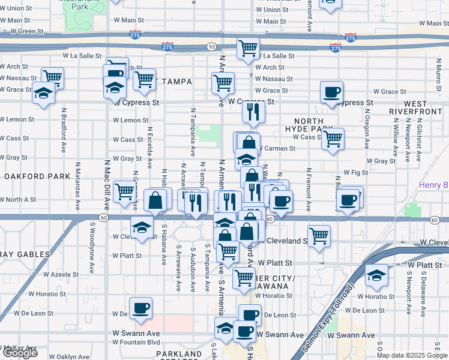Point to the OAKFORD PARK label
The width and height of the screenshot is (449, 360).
tap(29, 176)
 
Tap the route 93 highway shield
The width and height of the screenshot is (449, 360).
tap(211, 46)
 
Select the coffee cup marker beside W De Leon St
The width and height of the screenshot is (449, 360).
tap(141, 308)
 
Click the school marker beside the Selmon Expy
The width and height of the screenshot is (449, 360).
tap(376, 275)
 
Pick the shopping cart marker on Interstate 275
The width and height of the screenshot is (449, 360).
tap(248, 48)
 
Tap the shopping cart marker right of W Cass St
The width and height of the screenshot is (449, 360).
tap(332, 139)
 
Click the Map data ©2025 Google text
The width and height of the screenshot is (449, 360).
tap(412, 355)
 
